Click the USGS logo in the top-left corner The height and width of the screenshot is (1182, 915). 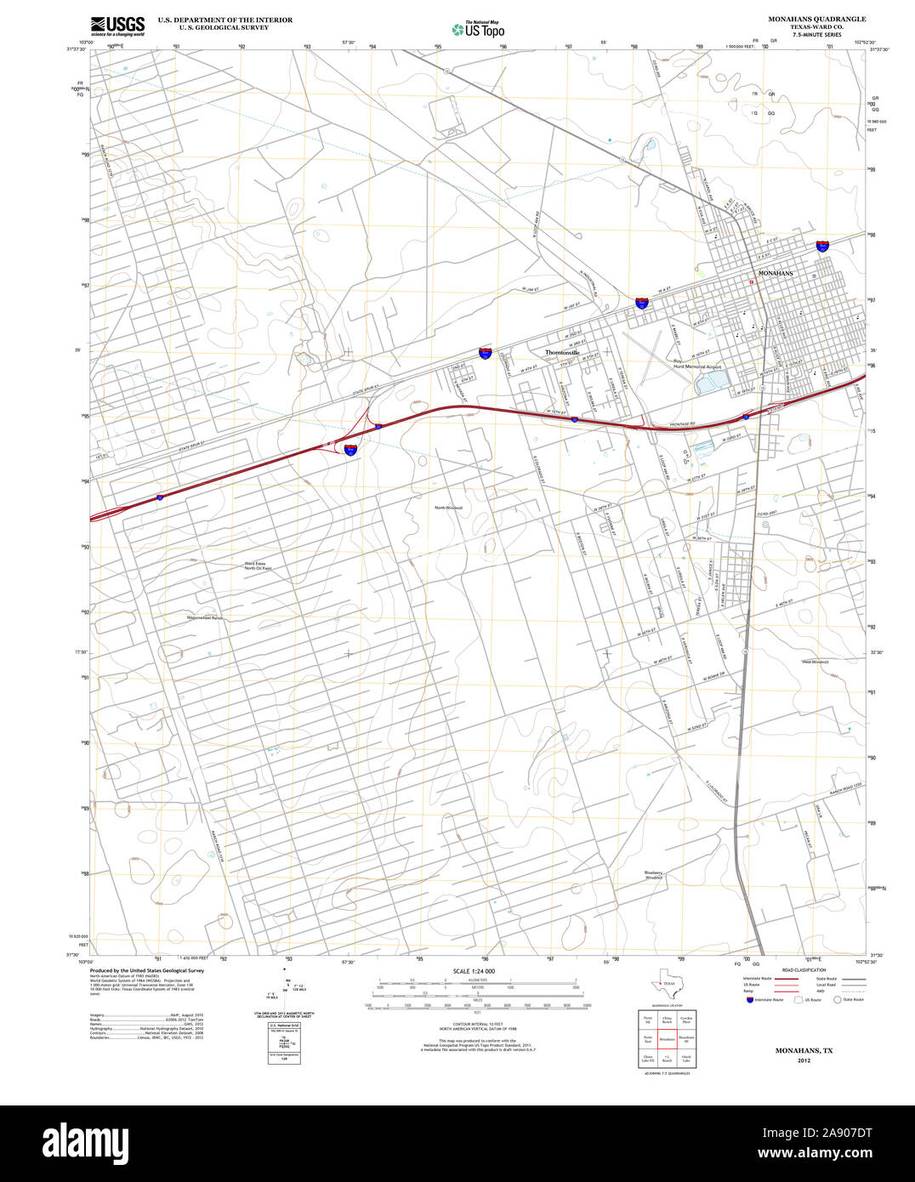coord(117,25)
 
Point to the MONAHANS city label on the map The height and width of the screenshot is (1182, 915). coord(775,273)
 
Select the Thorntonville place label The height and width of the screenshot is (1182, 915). coord(562,352)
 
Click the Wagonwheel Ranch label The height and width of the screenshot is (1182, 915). coord(204,618)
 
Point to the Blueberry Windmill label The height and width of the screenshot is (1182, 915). coord(653,874)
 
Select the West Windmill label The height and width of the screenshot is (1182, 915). coord(815,661)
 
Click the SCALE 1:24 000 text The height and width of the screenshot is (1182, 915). coord(474,971)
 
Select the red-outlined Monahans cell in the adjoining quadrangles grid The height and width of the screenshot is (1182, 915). coord(666,1038)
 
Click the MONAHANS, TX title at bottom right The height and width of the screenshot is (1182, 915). coord(804,1051)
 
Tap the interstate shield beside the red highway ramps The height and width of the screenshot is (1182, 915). coord(350,449)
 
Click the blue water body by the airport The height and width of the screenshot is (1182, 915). coord(707,384)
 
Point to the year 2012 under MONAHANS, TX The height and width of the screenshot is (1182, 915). coord(804,1061)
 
